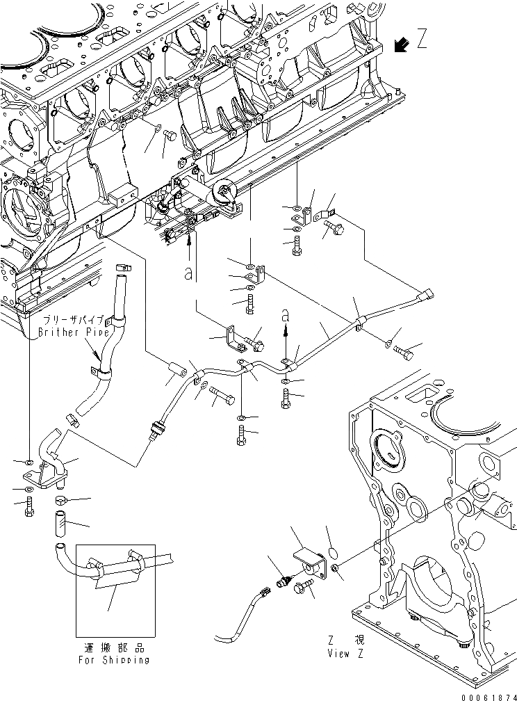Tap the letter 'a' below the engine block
pos(188,273)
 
